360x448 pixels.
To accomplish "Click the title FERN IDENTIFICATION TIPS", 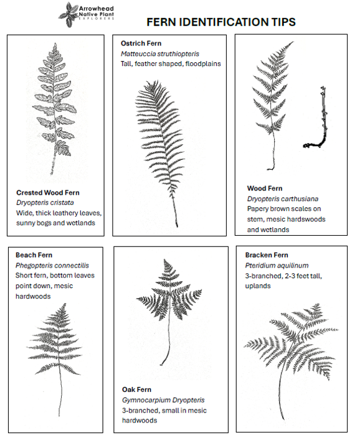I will coord(220,22).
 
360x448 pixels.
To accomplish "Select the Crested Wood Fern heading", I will coord(48,193).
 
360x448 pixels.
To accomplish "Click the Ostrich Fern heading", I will coord(141,44).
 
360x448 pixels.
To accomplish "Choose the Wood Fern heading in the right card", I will coord(265,189).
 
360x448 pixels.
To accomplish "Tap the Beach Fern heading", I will coord(34,255).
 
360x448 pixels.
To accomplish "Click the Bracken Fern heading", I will coord(267,255).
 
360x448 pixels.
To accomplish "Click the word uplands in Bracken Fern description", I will coord(258,286).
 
